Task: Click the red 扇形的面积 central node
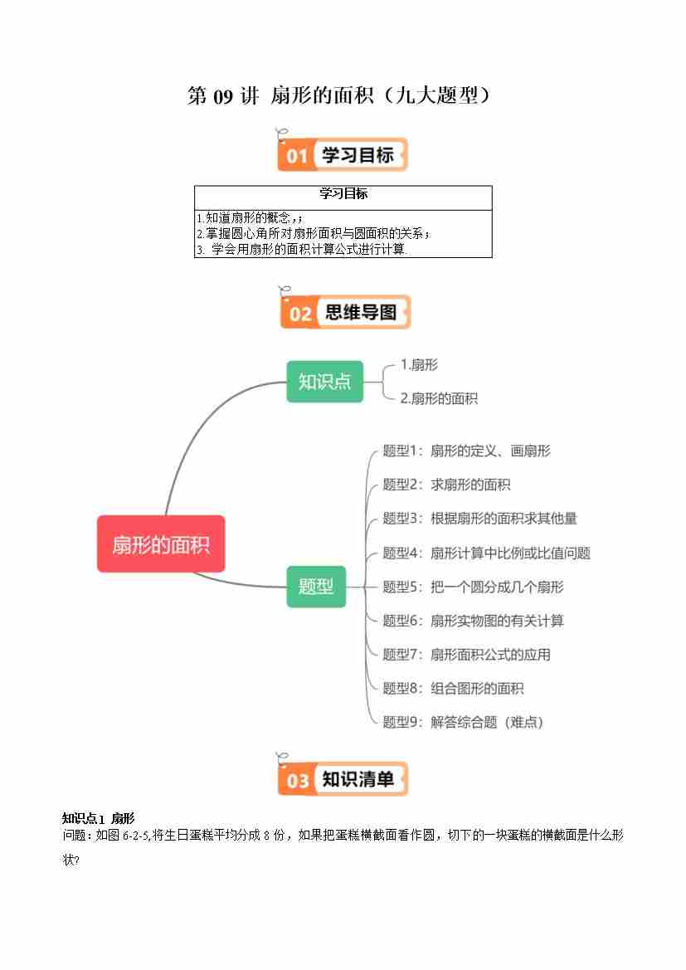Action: coord(161,544)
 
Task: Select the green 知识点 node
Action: coord(324,382)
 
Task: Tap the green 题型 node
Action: coord(315,586)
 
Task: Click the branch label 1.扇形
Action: coord(419,364)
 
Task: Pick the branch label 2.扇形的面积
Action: coord(439,398)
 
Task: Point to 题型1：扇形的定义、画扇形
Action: coord(466,451)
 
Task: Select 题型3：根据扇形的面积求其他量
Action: coord(479,519)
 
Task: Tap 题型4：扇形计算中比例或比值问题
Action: coord(486,553)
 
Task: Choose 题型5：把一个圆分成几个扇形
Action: coord(473,587)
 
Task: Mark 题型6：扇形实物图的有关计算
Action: coord(473,621)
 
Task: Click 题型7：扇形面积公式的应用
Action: coord(466,655)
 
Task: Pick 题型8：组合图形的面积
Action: coord(453,688)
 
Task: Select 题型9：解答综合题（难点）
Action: coord(463,722)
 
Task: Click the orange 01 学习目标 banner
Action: coord(343,155)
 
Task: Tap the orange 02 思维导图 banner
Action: coord(345,313)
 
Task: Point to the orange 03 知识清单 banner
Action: coord(343,779)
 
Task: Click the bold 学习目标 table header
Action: coord(343,194)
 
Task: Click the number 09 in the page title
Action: coord(225,96)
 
